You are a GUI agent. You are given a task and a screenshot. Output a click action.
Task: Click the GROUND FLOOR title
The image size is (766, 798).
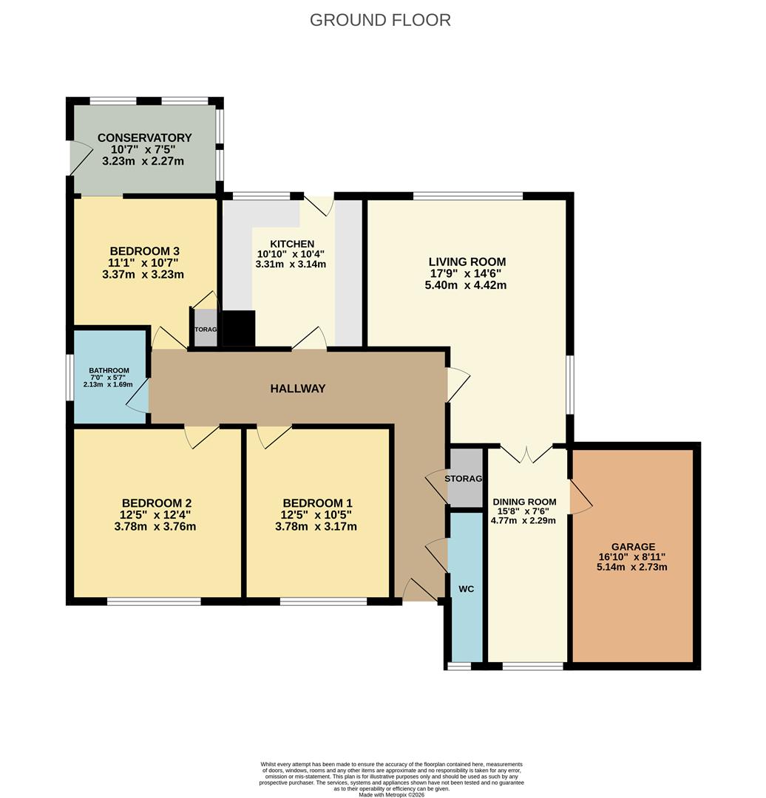(x=380, y=20)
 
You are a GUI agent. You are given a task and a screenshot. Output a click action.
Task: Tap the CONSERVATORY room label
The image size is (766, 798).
(x=144, y=138)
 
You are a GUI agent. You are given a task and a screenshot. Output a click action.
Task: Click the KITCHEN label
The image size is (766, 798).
(x=291, y=244)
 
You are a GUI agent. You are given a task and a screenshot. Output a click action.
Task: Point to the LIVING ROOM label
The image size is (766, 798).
(x=467, y=262)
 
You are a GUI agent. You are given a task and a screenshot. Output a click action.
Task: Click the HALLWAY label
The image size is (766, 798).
(x=297, y=389)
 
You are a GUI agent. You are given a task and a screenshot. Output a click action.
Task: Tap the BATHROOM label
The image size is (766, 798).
(x=109, y=371)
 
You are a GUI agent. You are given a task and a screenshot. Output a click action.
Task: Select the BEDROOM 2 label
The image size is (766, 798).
(x=156, y=503)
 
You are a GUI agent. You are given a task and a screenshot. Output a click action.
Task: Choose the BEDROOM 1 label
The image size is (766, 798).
(x=316, y=503)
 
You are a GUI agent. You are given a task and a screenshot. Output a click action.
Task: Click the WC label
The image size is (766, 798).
(x=466, y=589)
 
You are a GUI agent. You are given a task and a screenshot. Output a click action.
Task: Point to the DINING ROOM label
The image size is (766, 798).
(x=524, y=502)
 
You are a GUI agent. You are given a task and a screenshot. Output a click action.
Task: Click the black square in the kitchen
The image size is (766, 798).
(x=239, y=329)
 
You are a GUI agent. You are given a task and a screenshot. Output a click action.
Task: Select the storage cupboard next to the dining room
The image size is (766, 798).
(x=465, y=478)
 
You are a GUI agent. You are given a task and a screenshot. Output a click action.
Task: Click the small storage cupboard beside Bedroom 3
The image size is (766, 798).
(x=206, y=331)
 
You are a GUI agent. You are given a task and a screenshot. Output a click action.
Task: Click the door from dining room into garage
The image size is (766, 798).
(x=580, y=496)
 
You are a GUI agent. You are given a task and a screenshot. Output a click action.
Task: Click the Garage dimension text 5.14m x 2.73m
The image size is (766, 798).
(x=632, y=567)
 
